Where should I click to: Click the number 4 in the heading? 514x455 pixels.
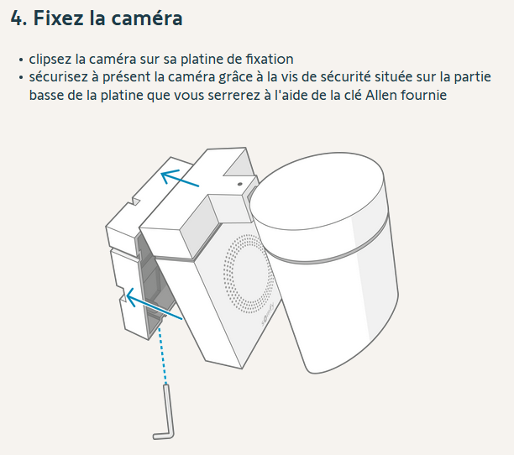(x=17, y=18)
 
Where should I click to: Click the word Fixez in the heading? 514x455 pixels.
(x=58, y=18)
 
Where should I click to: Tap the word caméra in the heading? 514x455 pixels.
(x=147, y=18)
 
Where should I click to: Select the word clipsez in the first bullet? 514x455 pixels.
(x=50, y=60)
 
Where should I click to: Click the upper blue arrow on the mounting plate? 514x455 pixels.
(x=180, y=178)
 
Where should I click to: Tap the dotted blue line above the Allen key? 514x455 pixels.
(x=163, y=356)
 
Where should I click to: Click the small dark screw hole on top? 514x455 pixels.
(x=240, y=184)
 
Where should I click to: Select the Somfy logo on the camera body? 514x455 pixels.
(x=268, y=315)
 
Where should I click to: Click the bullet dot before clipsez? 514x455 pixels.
(x=21, y=60)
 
